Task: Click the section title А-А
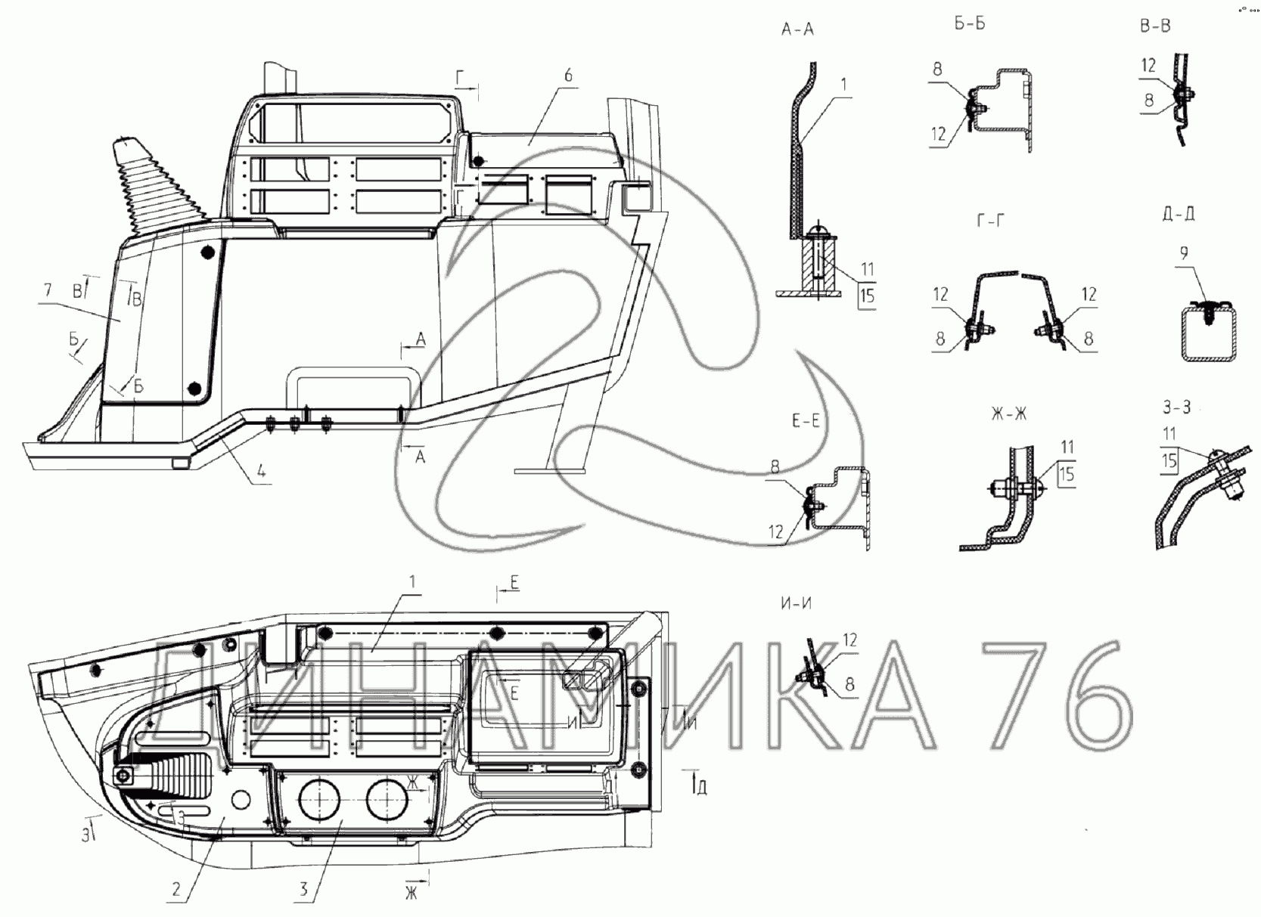[797, 29]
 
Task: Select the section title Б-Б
[969, 24]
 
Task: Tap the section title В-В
[1155, 26]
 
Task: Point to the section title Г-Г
[991, 221]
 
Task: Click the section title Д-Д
[1178, 214]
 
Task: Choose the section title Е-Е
[806, 421]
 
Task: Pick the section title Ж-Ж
[1009, 414]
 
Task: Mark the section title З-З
[1176, 407]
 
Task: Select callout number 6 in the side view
[568, 75]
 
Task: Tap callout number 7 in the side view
[48, 290]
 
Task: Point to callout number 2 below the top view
[176, 889]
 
